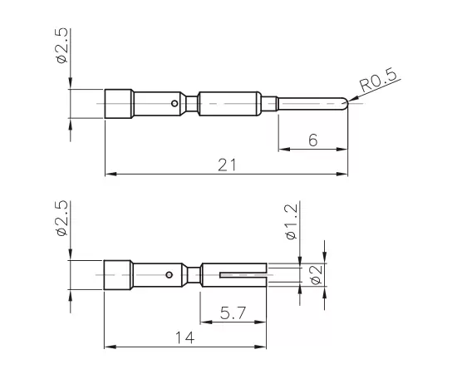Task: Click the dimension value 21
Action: tap(226, 165)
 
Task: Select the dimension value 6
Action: tap(312, 140)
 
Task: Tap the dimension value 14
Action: tap(184, 337)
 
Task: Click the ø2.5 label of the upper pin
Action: tap(61, 47)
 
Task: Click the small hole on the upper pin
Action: tap(174, 104)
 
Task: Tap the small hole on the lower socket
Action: tap(170, 273)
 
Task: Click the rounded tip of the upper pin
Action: tap(344, 103)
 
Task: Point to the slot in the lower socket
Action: tap(242, 273)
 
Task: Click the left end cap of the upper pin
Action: tap(119, 103)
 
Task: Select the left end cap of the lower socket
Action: tap(118, 274)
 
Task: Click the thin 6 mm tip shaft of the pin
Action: tap(312, 103)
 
